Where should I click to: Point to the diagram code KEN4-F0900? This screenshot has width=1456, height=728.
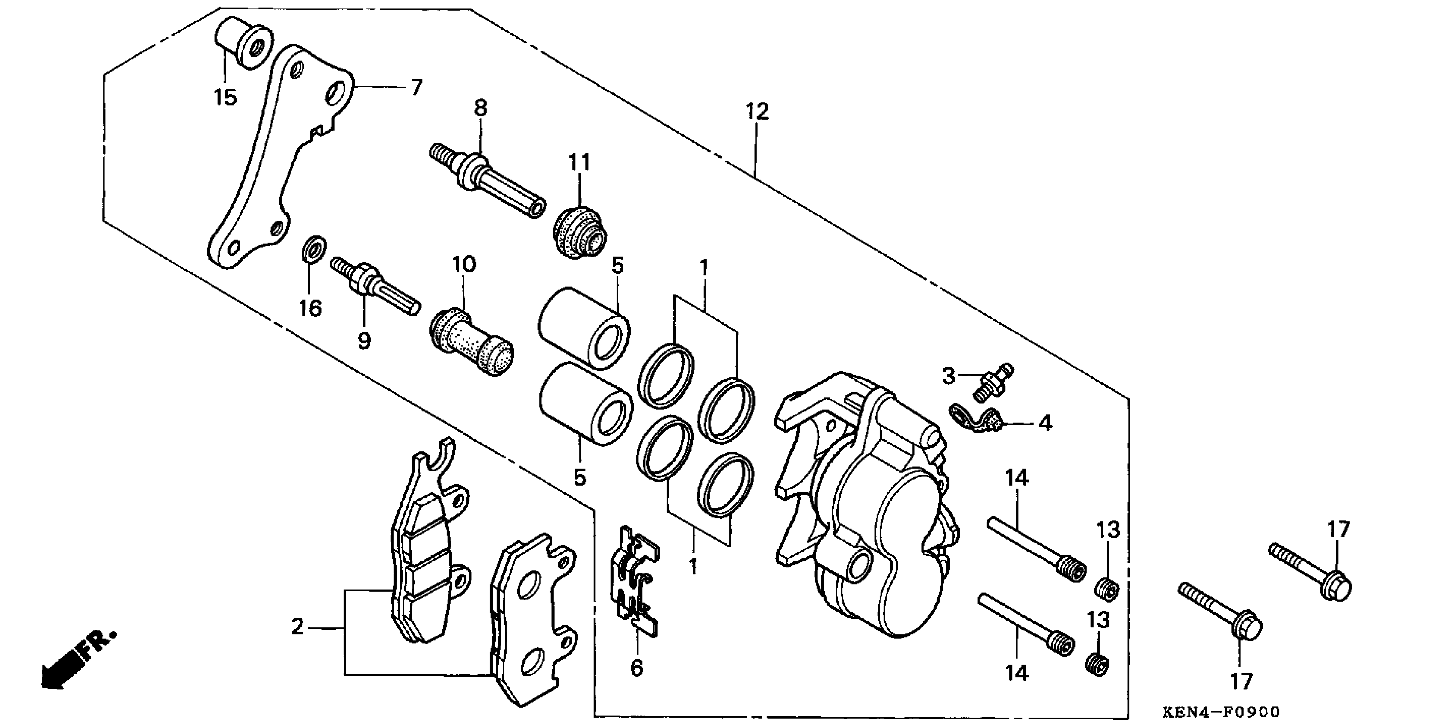pyautogui.click(x=1220, y=710)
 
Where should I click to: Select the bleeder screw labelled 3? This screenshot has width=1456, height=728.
pyautogui.click(x=993, y=380)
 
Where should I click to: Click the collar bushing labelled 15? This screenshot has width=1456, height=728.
pyautogui.click(x=243, y=42)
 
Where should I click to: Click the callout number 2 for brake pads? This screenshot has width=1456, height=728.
pyautogui.click(x=297, y=627)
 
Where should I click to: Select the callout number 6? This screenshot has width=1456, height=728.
pyautogui.click(x=636, y=668)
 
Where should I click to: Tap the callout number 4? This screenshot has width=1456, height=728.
pyautogui.click(x=1045, y=423)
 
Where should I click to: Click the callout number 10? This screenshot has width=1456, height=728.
pyautogui.click(x=464, y=264)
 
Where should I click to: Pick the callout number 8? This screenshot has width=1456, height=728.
pyautogui.click(x=480, y=107)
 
